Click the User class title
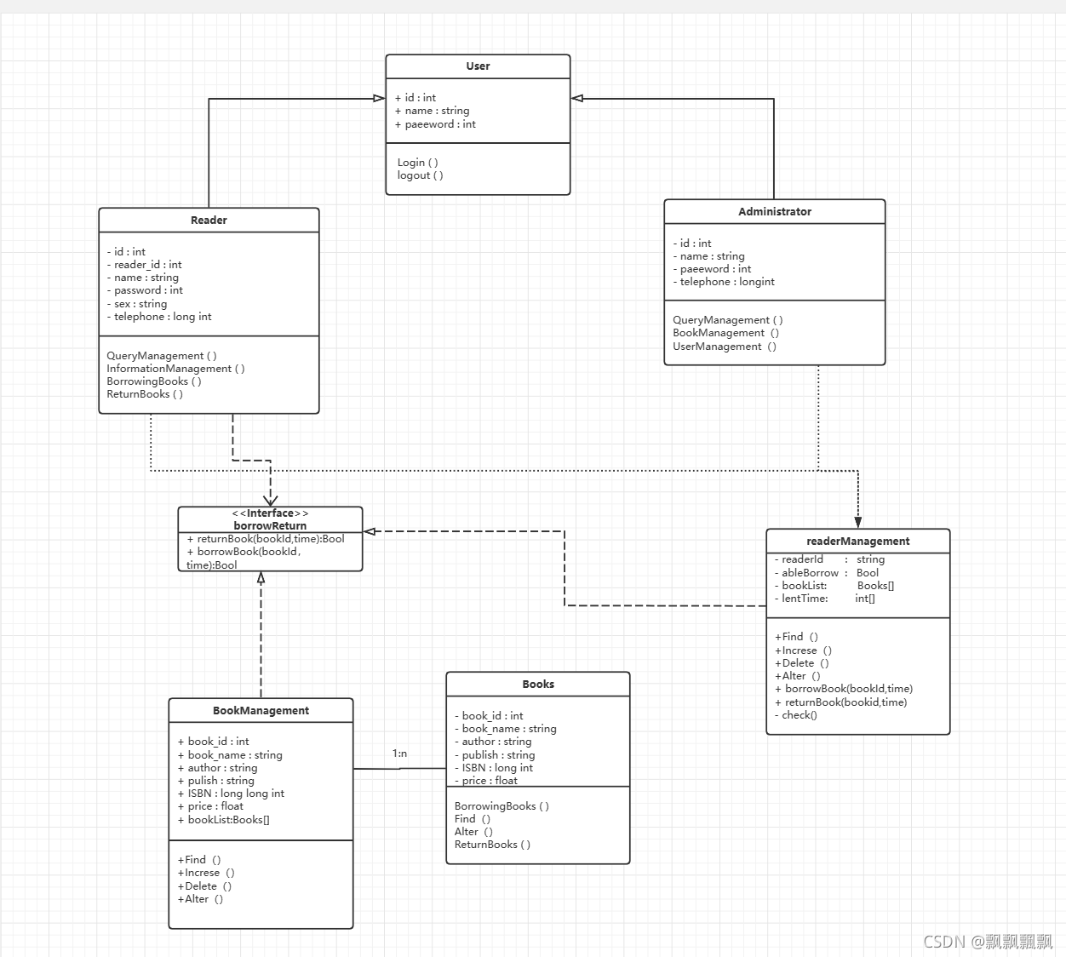[478, 66]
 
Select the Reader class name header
[209, 221]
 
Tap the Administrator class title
[775, 212]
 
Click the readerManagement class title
[857, 542]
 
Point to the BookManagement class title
[261, 711]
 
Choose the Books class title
[538, 685]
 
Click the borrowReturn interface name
[270, 526]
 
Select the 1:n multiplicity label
[399, 754]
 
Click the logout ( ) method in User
[420, 175]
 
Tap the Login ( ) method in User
[417, 163]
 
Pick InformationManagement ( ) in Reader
[175, 369]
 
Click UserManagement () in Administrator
[724, 347]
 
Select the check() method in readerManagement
[796, 715]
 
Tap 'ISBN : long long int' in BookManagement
[232, 794]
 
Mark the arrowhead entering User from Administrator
[577, 99]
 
